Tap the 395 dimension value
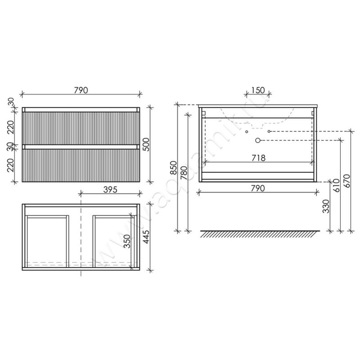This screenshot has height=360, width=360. coord(110,189)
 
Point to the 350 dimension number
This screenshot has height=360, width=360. coord(127,241)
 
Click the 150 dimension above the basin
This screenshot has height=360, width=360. coord(258,90)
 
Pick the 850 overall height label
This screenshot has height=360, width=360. coord(174,168)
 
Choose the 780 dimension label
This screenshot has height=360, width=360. coord(184,173)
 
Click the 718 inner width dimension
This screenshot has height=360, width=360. coord(258,158)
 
